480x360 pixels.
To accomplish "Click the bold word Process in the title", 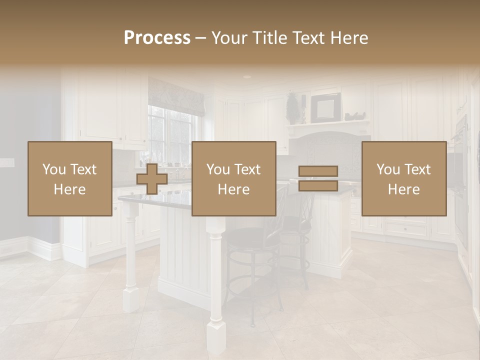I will (157, 38).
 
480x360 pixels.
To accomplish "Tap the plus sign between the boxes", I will (152, 179).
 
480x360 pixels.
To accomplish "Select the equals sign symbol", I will (318, 178).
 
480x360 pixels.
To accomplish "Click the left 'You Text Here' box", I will (69, 178).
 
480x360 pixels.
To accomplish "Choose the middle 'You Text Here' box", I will (233, 178).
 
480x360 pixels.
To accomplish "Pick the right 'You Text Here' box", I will (403, 178).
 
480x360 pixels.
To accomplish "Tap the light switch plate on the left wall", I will (7, 162).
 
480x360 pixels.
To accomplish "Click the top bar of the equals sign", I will (318, 171).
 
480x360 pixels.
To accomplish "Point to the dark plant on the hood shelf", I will (292, 108).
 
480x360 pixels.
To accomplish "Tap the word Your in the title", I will (229, 38).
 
